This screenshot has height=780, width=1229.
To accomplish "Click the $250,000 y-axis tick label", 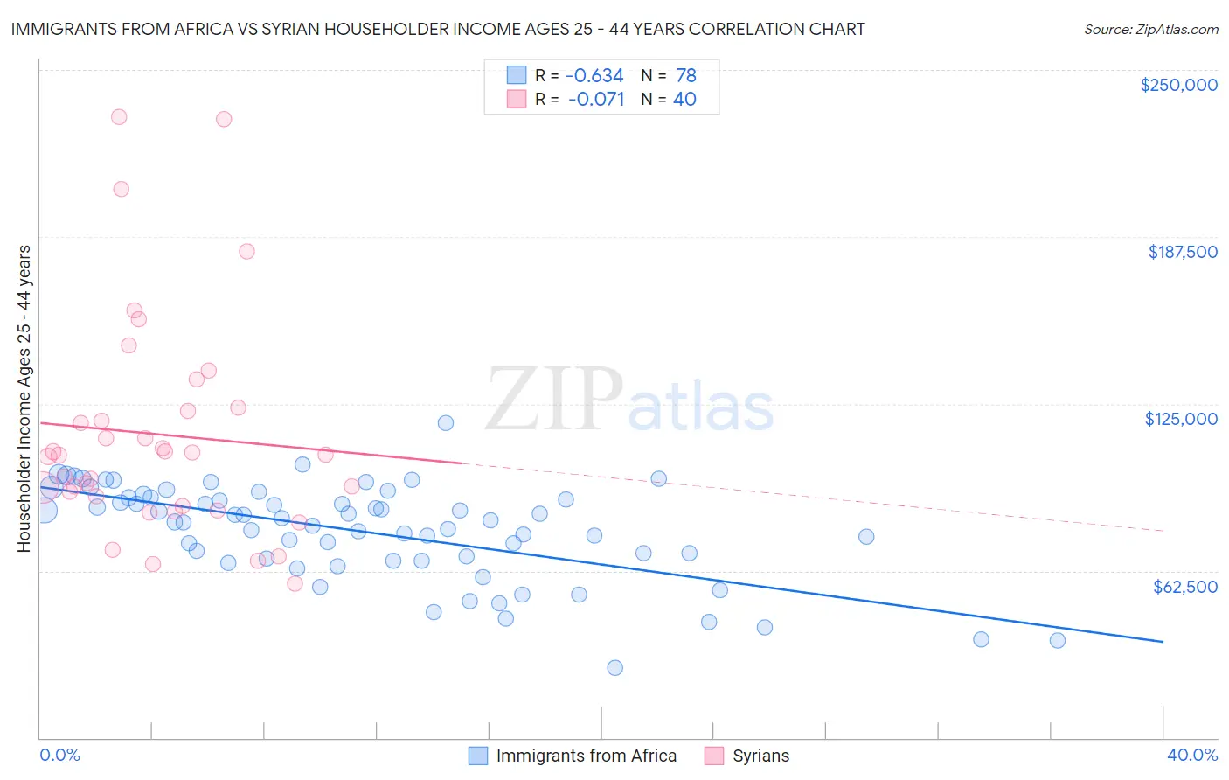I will coord(1178,85).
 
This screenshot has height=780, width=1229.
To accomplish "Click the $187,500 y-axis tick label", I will coord(1182,252).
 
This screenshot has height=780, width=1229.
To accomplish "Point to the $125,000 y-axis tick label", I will coord(1181,419).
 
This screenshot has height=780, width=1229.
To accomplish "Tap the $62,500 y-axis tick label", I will coord(1184,587).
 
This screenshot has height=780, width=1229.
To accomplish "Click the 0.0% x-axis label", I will coord(59,755).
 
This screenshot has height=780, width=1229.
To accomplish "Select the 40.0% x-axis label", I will coord(1191,755).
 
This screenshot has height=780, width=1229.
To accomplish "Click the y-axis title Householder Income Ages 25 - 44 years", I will coord(24,399).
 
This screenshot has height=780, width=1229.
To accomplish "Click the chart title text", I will coord(438,29).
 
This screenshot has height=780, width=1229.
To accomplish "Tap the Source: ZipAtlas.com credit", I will coord(1150,29).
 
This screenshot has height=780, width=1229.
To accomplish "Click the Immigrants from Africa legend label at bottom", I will coord(586,756).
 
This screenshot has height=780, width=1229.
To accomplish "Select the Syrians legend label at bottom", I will coord(760,756).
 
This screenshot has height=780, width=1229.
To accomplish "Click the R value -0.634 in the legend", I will coord(595,76).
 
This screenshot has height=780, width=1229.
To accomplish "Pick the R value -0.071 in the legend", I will coord(595,100).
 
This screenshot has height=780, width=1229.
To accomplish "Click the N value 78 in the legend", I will coord(685,76).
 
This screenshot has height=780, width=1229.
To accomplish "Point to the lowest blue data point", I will coord(614,668).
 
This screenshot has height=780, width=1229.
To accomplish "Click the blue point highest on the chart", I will coord(445,423).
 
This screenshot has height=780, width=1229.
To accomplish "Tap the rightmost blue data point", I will coord(1057,640).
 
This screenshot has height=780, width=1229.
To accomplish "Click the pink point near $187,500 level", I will coord(246,252).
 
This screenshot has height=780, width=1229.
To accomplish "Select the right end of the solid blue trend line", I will coord(1163,642).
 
